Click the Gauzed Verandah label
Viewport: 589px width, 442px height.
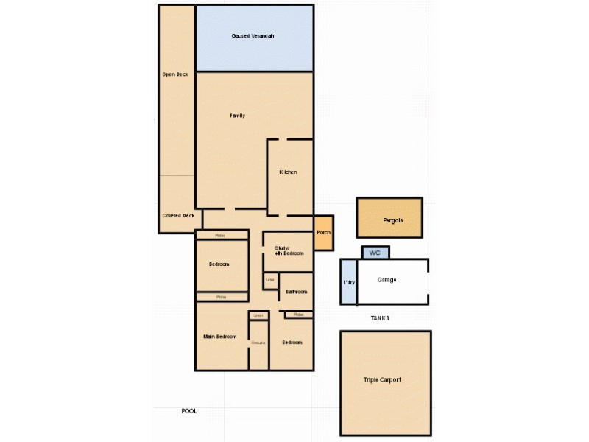pyautogui.click(x=253, y=35)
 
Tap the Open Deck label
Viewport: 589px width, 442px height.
pyautogui.click(x=175, y=74)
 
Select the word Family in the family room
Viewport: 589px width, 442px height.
pyautogui.click(x=237, y=116)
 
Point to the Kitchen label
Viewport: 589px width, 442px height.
pyautogui.click(x=288, y=172)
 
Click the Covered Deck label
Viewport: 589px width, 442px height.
pyautogui.click(x=177, y=215)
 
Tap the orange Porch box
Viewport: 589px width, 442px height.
pyautogui.click(x=323, y=232)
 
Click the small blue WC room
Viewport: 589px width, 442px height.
pyautogui.click(x=375, y=253)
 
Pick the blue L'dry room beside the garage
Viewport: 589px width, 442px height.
pyautogui.click(x=348, y=282)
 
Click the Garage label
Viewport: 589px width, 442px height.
pyautogui.click(x=387, y=280)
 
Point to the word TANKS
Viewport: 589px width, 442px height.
pyautogui.click(x=380, y=318)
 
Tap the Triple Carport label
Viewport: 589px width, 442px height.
pyautogui.click(x=382, y=380)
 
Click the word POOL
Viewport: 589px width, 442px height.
pyautogui.click(x=189, y=411)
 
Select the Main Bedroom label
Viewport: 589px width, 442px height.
pyautogui.click(x=220, y=337)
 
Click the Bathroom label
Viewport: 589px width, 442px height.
pyautogui.click(x=296, y=292)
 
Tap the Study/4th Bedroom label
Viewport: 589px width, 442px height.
pyautogui.click(x=288, y=250)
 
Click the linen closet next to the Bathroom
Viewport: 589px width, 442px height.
pyautogui.click(x=270, y=281)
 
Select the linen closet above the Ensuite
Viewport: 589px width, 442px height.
pyautogui.click(x=258, y=315)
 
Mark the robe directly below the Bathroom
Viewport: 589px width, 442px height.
pyautogui.click(x=298, y=315)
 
